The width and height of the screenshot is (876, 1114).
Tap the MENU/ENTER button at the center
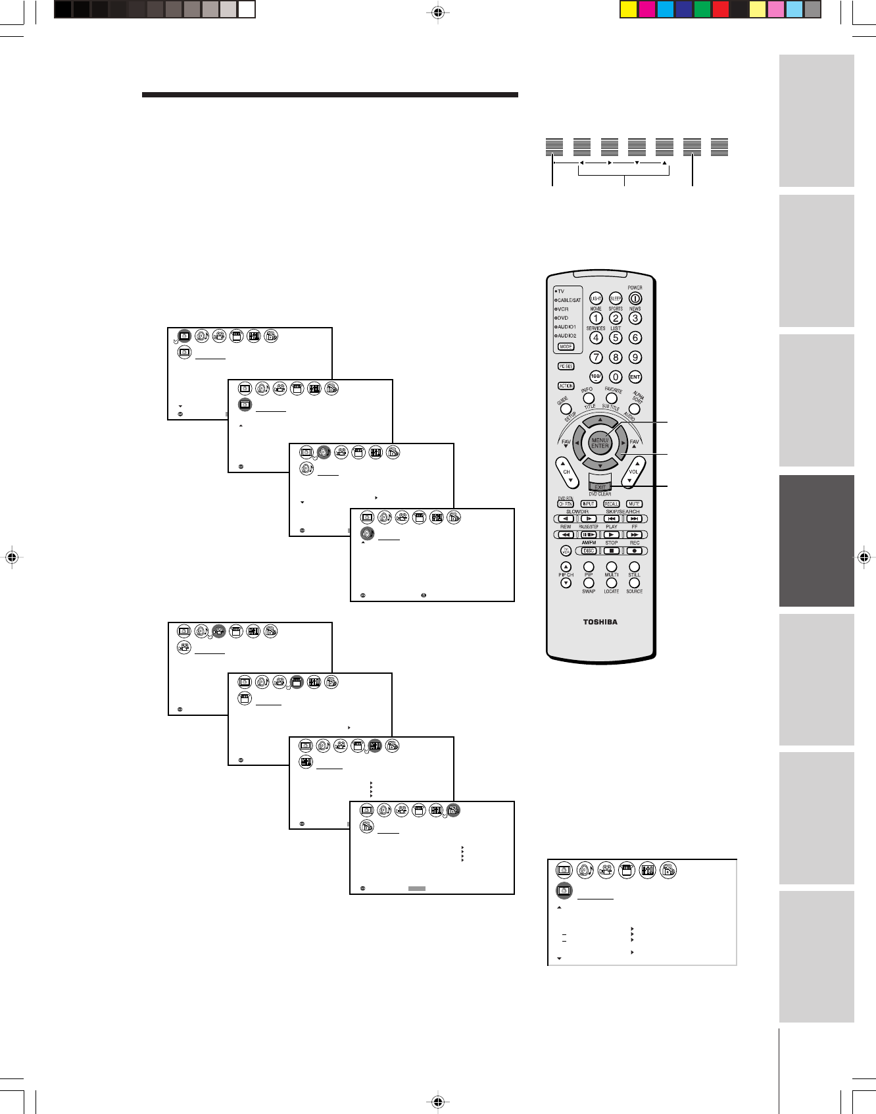pyautogui.click(x=600, y=443)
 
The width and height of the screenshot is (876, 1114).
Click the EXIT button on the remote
pyautogui.click(x=600, y=486)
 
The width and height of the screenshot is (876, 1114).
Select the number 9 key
pyautogui.click(x=635, y=357)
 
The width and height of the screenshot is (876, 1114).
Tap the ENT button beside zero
pyautogui.click(x=635, y=377)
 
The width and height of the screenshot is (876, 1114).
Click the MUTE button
pyautogui.click(x=634, y=504)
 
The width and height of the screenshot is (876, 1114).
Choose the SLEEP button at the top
pyautogui.click(x=616, y=298)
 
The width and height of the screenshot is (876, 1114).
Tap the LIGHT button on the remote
pyautogui.click(x=596, y=298)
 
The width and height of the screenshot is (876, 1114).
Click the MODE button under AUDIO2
pyautogui.click(x=566, y=347)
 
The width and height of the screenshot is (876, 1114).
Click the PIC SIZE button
pyautogui.click(x=566, y=367)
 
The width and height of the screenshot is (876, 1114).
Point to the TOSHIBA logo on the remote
pyautogui.click(x=600, y=622)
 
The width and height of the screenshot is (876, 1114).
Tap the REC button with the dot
pyautogui.click(x=634, y=551)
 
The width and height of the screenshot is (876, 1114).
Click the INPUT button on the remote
pyautogui.click(x=589, y=504)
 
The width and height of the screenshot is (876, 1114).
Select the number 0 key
pyautogui.click(x=616, y=377)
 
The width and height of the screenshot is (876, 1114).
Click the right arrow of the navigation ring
pyautogui.click(x=623, y=443)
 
